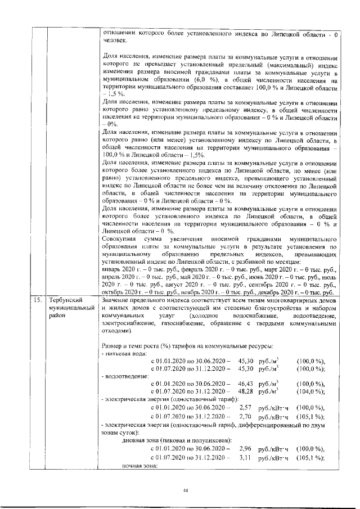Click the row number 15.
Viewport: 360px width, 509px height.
(x=37, y=300)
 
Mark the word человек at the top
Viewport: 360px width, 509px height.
(x=115, y=40)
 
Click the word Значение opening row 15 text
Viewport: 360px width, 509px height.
(x=118, y=300)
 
